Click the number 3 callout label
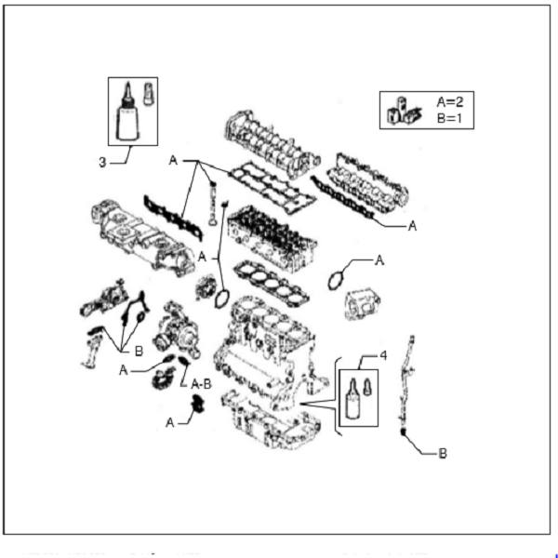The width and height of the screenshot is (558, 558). coord(102,163)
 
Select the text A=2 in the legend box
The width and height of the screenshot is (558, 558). coord(453,102)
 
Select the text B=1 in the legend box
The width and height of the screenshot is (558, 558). coord(453,118)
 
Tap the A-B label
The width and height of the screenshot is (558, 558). coord(200,383)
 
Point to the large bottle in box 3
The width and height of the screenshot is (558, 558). coord(127,118)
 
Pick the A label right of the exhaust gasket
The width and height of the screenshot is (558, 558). coord(411,225)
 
